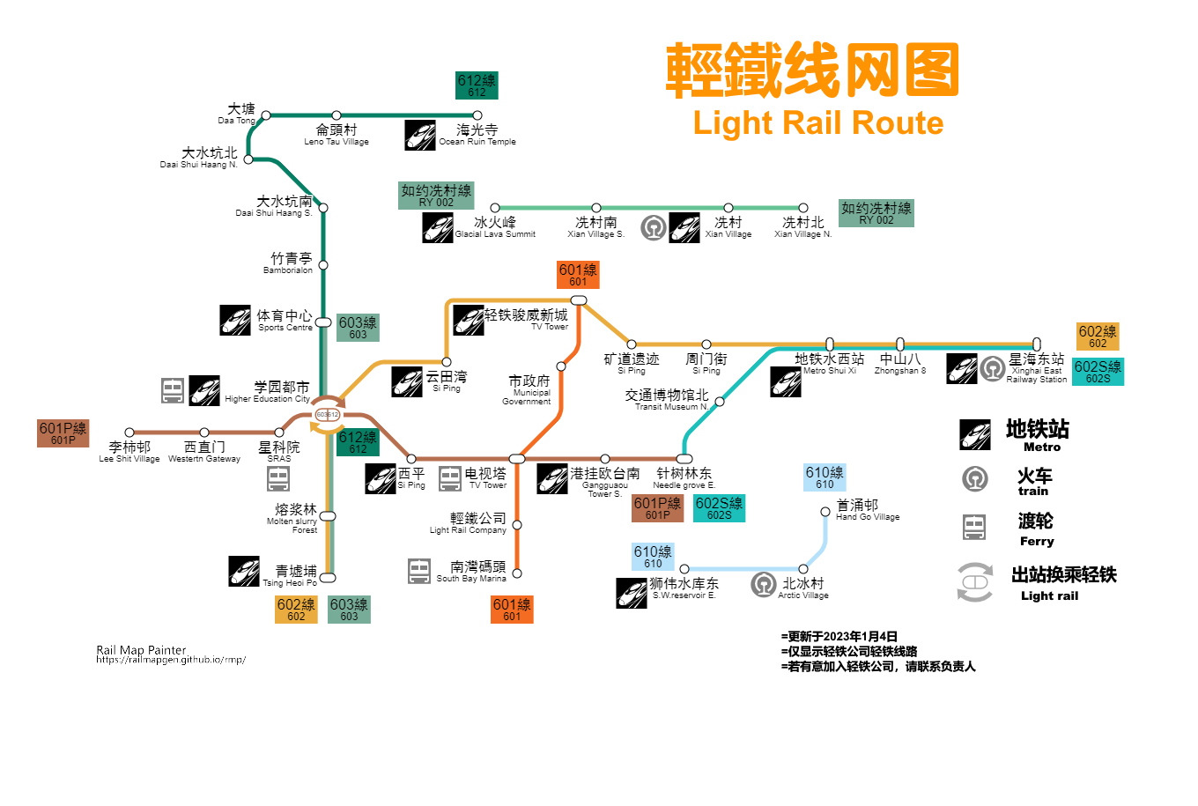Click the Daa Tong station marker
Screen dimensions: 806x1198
[266, 115]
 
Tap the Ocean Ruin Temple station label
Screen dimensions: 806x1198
[477, 135]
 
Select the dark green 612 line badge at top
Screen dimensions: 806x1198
[477, 85]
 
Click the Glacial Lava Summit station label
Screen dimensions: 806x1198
[495, 227]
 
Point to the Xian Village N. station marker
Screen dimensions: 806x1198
[803, 209]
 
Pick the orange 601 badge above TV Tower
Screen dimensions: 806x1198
[578, 275]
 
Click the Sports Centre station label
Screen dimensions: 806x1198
[285, 320]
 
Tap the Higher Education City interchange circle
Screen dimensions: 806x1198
[328, 414]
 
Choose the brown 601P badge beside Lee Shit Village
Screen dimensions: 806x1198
[63, 433]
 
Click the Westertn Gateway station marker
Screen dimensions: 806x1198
[204, 433]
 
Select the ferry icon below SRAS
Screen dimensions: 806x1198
[278, 478]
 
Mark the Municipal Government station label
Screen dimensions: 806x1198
[529, 388]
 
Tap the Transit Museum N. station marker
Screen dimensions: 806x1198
[720, 402]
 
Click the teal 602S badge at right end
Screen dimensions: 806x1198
[1098, 372]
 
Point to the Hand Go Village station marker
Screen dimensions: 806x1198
[825, 512]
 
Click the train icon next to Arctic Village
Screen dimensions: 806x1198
[764, 584]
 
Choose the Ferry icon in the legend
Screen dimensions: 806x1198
[974, 527]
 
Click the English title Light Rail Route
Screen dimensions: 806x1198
[818, 122]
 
